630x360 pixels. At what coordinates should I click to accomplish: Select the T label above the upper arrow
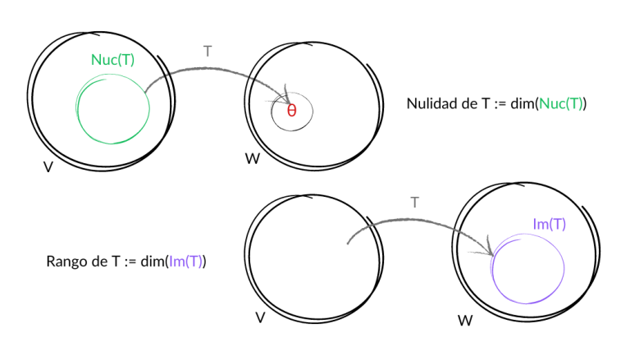208,51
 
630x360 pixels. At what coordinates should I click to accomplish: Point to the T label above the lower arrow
415,202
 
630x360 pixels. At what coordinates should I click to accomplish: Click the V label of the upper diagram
48,166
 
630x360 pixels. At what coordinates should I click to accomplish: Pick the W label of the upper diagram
252,157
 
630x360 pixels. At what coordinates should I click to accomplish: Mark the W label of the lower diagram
465,319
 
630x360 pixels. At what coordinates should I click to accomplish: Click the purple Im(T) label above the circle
550,224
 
